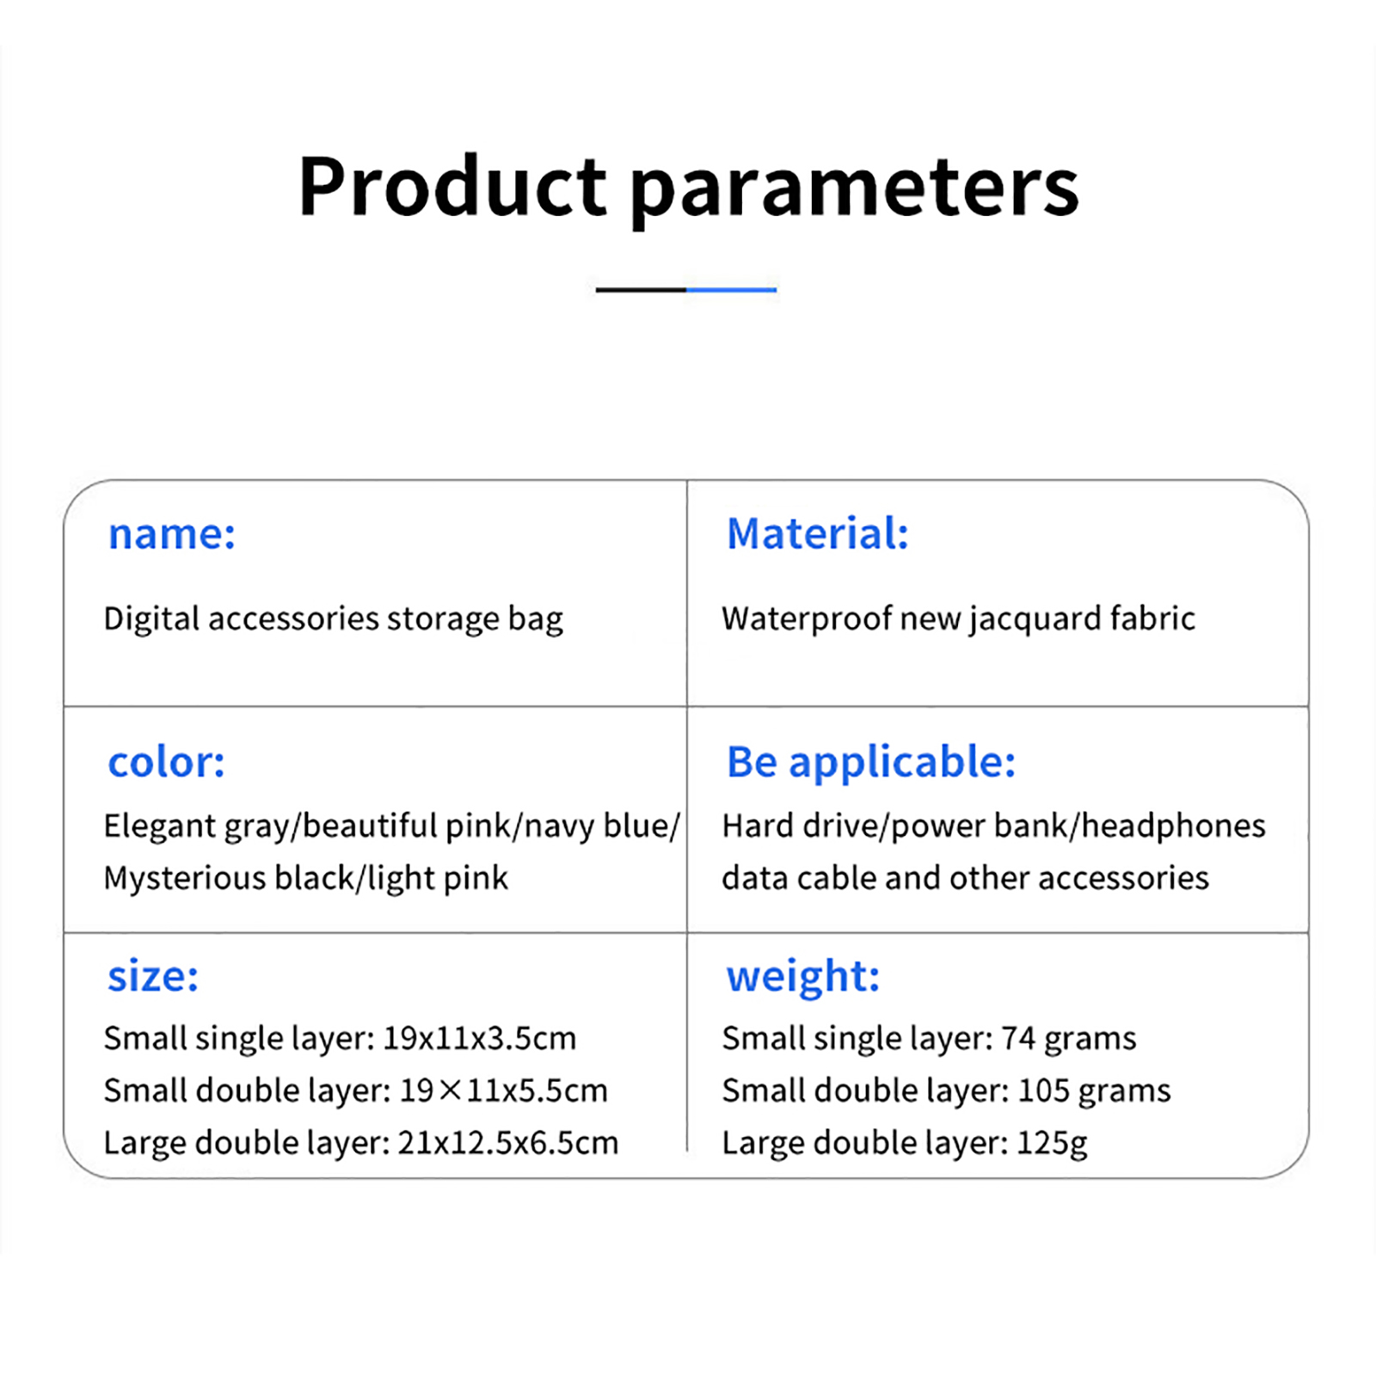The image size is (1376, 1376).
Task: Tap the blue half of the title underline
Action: (732, 290)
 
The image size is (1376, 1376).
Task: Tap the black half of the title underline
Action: (641, 290)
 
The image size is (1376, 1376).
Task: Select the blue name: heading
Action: (171, 534)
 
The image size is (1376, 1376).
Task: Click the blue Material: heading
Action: (818, 533)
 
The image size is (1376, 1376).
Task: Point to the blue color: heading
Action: (166, 763)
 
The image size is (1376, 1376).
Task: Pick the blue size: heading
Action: (153, 977)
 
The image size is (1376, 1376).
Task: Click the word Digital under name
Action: (151, 619)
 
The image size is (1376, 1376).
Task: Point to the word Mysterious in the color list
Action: (185, 879)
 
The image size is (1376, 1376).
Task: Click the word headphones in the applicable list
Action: (1173, 826)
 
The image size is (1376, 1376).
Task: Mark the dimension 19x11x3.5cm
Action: (479, 1039)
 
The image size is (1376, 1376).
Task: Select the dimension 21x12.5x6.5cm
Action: (508, 1144)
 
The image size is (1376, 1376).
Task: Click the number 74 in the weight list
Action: (1018, 1039)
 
